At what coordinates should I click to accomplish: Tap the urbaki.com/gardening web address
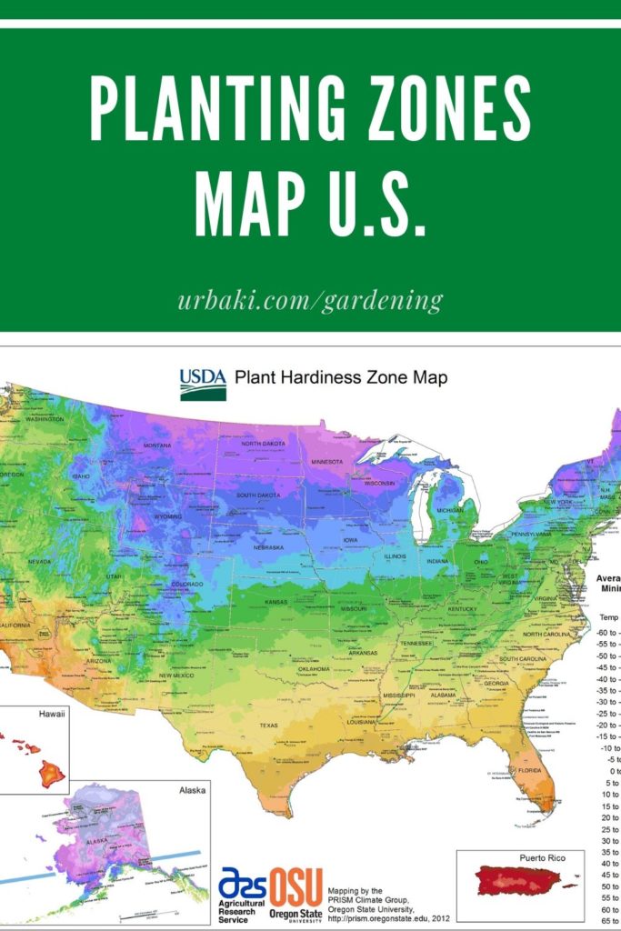click(x=310, y=300)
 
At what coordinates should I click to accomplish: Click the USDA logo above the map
click(x=202, y=384)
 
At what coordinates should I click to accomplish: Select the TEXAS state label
click(x=268, y=726)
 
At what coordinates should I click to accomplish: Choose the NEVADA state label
click(x=39, y=562)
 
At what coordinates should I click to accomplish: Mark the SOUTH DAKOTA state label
click(x=258, y=496)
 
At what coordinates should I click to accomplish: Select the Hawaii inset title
click(x=52, y=715)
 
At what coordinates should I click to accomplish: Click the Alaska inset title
click(x=193, y=790)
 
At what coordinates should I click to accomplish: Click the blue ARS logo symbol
click(x=242, y=884)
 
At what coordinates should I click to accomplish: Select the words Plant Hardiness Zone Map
click(x=341, y=377)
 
